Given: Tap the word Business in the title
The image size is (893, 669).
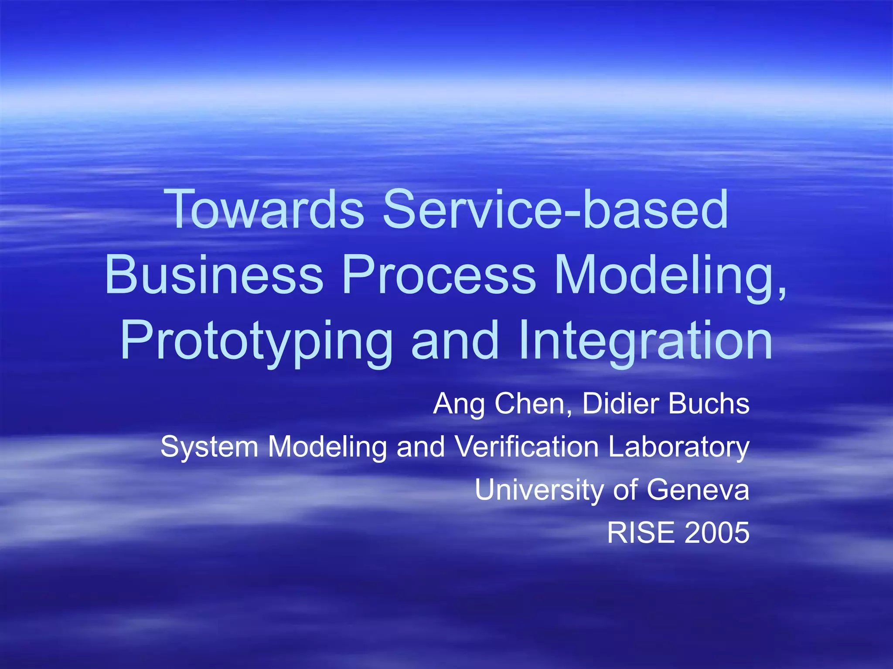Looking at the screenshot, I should pos(214,275).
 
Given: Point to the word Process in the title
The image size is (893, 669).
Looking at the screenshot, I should pos(439,275).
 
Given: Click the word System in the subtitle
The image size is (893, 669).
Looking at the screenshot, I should pos(210,447).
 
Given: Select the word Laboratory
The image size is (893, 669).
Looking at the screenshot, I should pos(678,447).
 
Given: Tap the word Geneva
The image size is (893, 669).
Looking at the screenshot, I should pos(698,490).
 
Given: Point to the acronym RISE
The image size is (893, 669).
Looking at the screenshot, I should pos(641,532).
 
